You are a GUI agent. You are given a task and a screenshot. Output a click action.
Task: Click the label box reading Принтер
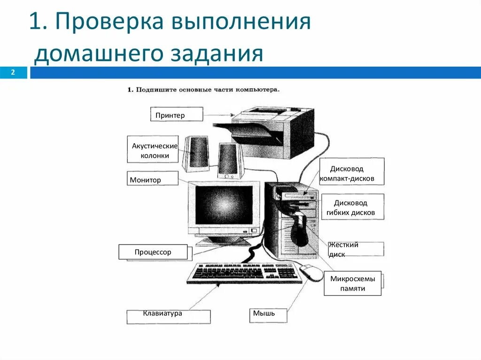(x=177, y=114)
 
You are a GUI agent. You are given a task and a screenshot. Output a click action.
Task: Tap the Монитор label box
(x=153, y=179)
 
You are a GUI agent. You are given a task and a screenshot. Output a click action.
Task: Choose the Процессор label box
(x=153, y=252)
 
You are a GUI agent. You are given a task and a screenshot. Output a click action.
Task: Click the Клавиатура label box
(x=168, y=316)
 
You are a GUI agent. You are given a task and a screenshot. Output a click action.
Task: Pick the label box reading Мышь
(x=267, y=315)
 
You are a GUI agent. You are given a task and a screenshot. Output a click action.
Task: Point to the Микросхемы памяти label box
(x=352, y=283)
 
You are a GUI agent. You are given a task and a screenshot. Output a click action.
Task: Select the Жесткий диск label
(x=356, y=249)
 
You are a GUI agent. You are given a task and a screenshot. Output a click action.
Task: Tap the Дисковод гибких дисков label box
(x=352, y=207)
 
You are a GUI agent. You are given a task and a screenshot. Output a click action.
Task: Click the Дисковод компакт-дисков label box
(x=352, y=172)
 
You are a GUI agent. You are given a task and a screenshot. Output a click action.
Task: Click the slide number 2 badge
(x=13, y=72)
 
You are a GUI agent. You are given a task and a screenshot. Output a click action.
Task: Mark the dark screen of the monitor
(x=224, y=205)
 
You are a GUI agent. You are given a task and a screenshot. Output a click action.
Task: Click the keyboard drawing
(x=244, y=273)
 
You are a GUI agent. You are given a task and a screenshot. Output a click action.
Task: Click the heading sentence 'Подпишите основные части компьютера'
(x=203, y=89)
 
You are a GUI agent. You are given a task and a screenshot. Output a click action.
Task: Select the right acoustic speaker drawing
(x=229, y=160)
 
